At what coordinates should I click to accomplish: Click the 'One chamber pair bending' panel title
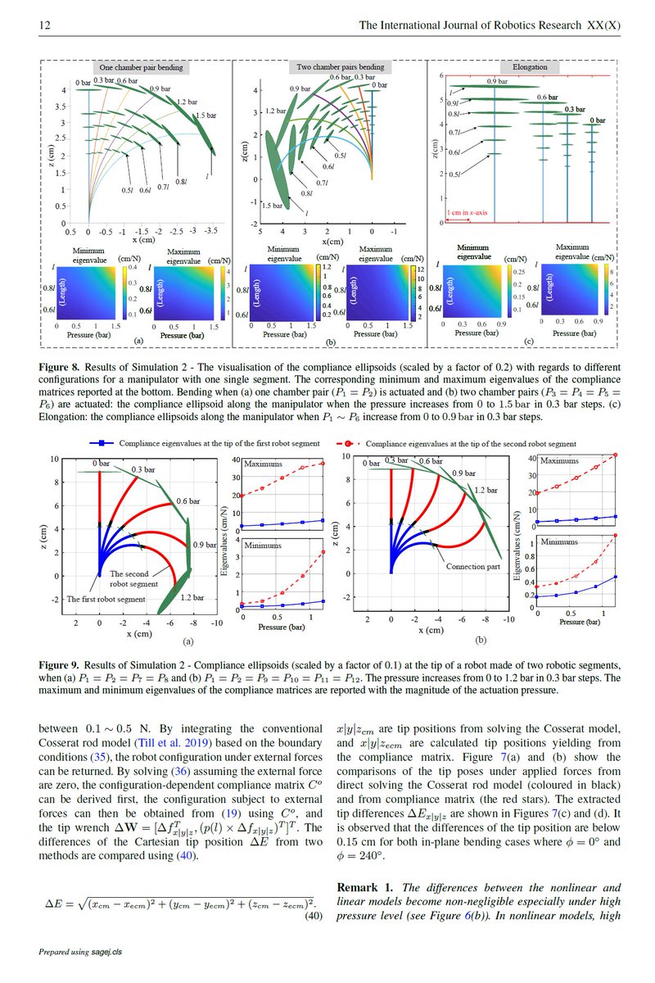(141, 67)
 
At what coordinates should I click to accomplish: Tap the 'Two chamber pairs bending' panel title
(331, 66)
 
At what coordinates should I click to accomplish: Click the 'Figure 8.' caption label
(61, 365)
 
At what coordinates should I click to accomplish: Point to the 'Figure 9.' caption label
(61, 666)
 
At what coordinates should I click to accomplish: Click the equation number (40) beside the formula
(313, 917)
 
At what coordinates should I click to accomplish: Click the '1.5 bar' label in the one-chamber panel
(206, 116)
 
